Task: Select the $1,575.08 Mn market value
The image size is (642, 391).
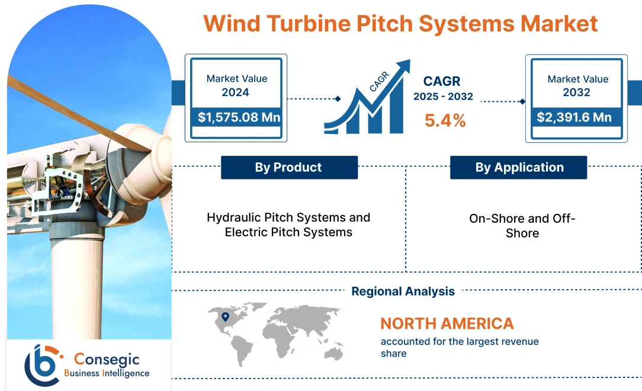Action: click(x=239, y=117)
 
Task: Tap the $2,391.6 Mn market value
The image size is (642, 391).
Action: click(x=574, y=117)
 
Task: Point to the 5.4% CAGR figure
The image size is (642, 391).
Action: click(x=445, y=121)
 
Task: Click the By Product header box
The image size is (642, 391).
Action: click(x=289, y=168)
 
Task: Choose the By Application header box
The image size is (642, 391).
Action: click(x=519, y=168)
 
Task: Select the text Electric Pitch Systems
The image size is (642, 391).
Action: click(x=288, y=232)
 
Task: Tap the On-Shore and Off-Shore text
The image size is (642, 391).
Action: click(x=522, y=226)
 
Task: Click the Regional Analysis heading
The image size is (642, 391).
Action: click(x=403, y=291)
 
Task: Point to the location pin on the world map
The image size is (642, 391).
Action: click(x=225, y=317)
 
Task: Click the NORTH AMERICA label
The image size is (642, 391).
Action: click(x=447, y=323)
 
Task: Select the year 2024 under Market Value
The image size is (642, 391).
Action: click(x=236, y=92)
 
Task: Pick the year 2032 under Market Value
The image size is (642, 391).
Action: click(x=577, y=92)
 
